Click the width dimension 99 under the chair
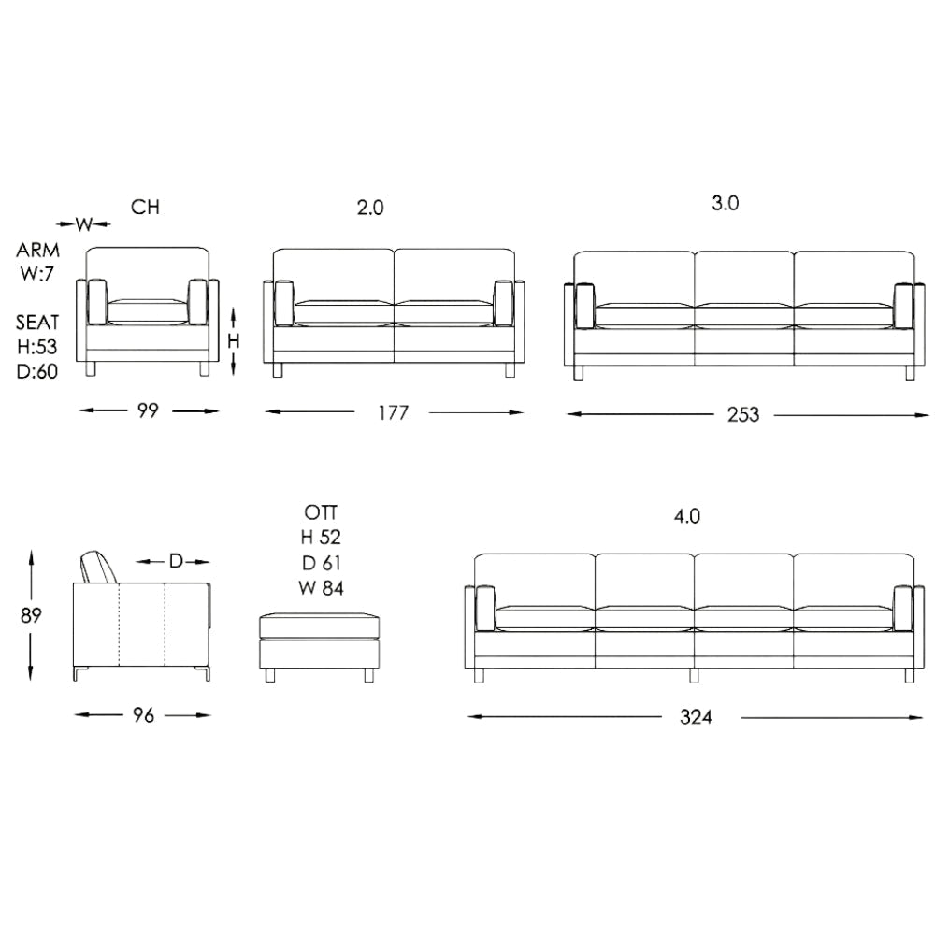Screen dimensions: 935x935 coord(148,410)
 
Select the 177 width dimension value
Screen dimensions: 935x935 coord(394,412)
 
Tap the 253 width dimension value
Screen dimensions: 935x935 coord(744,414)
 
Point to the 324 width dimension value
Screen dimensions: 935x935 coord(696,717)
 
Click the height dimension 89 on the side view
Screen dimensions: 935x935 coord(31,614)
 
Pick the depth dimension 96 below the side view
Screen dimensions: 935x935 coord(142,715)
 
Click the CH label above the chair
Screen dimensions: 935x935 coord(145,208)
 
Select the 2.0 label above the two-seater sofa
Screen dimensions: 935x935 coord(370,208)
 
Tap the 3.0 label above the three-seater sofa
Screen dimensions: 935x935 coord(726,204)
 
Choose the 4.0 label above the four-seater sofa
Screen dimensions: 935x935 coord(687,516)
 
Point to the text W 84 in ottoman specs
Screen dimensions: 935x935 coord(322,587)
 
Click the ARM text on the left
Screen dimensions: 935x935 coord(38,251)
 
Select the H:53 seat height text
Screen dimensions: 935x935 coord(38,347)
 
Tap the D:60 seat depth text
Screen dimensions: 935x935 coord(38,371)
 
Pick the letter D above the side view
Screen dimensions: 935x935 coord(175,561)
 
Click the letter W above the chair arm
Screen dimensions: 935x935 coord(83,223)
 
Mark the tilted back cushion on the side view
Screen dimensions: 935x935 coord(98,567)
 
